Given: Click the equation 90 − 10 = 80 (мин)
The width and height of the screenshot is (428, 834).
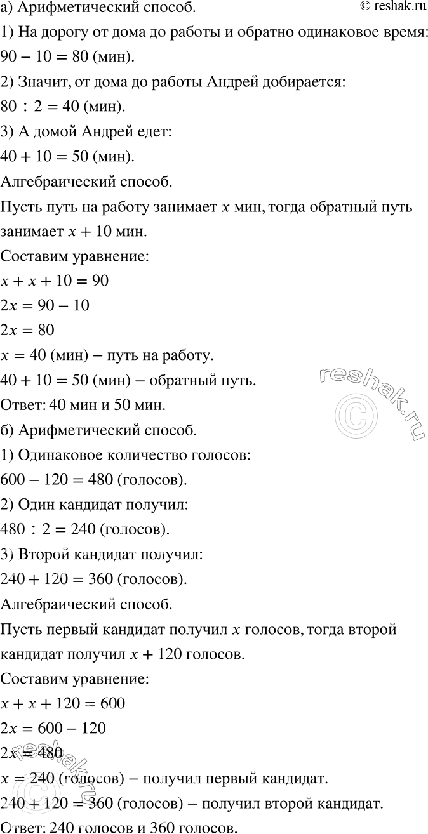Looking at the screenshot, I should pos(68,58).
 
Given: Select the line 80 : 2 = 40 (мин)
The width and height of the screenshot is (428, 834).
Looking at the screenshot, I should pos(64,106).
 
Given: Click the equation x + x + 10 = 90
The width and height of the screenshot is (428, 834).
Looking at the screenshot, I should pos(55,280).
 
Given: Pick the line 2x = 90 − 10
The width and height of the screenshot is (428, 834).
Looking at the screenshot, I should pos(45,306).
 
